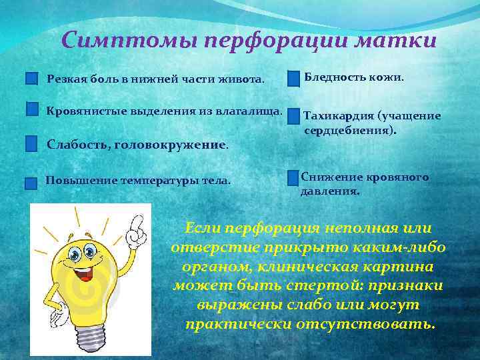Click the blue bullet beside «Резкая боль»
click(x=31, y=79)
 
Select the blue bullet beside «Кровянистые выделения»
click(x=32, y=109)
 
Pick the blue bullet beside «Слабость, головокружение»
click(x=31, y=143)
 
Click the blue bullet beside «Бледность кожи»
click(x=293, y=79)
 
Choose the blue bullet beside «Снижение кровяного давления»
click(x=293, y=178)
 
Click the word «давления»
click(x=330, y=191)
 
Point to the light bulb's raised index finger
click(x=138, y=221)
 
